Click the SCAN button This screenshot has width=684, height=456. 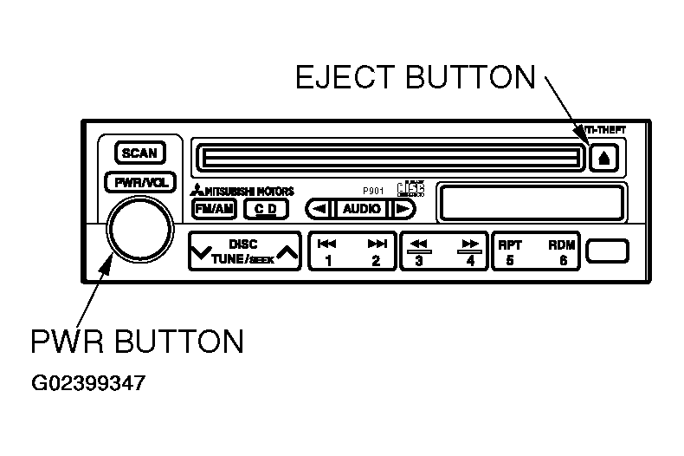139,153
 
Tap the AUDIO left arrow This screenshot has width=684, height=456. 319,209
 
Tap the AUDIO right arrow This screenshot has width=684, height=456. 402,209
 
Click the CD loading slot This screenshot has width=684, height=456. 388,158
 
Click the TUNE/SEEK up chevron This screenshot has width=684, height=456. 287,254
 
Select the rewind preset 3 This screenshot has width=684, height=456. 420,252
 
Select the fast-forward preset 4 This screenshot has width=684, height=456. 470,252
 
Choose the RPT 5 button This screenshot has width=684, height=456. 510,252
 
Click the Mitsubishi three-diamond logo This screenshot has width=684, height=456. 197,192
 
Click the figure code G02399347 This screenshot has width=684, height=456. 90,381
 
